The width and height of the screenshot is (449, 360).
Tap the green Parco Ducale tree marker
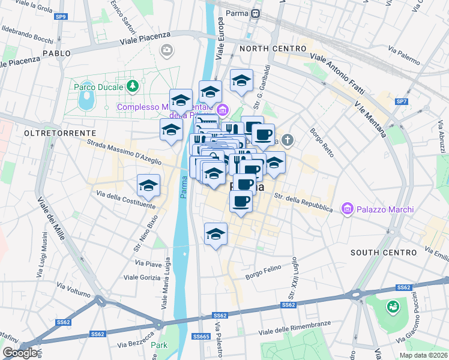coord(133,87)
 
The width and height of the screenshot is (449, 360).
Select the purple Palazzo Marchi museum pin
coord(346,209)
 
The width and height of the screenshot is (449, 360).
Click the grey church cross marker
coord(288,140)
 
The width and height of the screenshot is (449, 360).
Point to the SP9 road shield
coord(61,17)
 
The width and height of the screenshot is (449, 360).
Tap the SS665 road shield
coord(200,337)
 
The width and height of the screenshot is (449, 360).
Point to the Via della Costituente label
coord(124,199)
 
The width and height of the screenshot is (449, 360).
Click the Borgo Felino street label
coord(264,275)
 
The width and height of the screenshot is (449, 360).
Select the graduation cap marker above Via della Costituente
coord(148,186)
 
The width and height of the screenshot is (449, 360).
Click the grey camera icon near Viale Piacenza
coord(166,50)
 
